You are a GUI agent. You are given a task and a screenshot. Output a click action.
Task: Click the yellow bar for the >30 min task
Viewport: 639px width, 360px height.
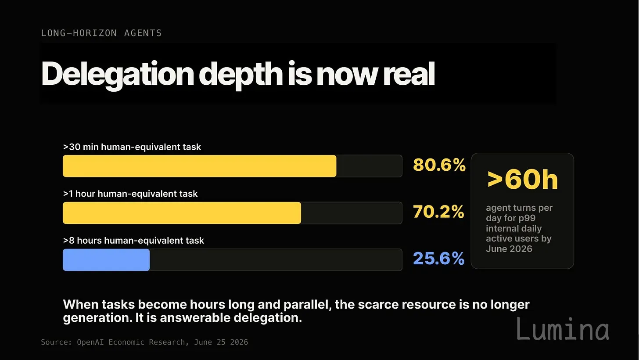pyautogui.click(x=199, y=166)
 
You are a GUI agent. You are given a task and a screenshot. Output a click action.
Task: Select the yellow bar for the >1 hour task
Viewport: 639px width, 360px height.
pyautogui.click(x=182, y=213)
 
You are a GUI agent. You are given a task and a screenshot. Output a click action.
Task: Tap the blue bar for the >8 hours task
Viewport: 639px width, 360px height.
pyautogui.click(x=106, y=259)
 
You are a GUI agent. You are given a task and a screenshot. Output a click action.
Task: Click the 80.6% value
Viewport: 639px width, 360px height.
pyautogui.click(x=439, y=165)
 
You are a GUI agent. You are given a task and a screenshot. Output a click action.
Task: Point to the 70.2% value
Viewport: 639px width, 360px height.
pyautogui.click(x=438, y=212)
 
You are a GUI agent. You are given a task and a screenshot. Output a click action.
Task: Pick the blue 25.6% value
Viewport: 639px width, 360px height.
pyautogui.click(x=439, y=259)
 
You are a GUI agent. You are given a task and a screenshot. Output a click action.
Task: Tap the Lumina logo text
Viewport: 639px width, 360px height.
pyautogui.click(x=563, y=329)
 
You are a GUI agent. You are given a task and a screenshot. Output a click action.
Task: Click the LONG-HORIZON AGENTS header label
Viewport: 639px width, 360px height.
pyautogui.click(x=101, y=33)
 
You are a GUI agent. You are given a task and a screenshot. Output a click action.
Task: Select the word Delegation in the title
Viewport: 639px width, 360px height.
pyautogui.click(x=118, y=74)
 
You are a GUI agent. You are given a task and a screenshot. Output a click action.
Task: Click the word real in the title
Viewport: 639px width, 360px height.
pyautogui.click(x=409, y=73)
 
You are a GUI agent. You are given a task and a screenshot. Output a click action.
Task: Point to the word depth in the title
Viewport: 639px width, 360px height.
pyautogui.click(x=241, y=75)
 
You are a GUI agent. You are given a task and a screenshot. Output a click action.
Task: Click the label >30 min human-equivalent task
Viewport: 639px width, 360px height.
pyautogui.click(x=132, y=147)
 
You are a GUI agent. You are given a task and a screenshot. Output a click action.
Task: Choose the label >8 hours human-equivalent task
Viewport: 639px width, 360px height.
pyautogui.click(x=133, y=241)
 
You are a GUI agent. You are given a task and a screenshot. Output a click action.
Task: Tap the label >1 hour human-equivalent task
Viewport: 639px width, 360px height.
pyautogui.click(x=130, y=194)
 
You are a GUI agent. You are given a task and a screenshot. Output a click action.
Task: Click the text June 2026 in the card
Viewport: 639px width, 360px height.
pyautogui.click(x=509, y=249)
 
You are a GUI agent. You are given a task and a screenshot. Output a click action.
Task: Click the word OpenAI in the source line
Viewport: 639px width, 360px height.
pyautogui.click(x=90, y=342)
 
